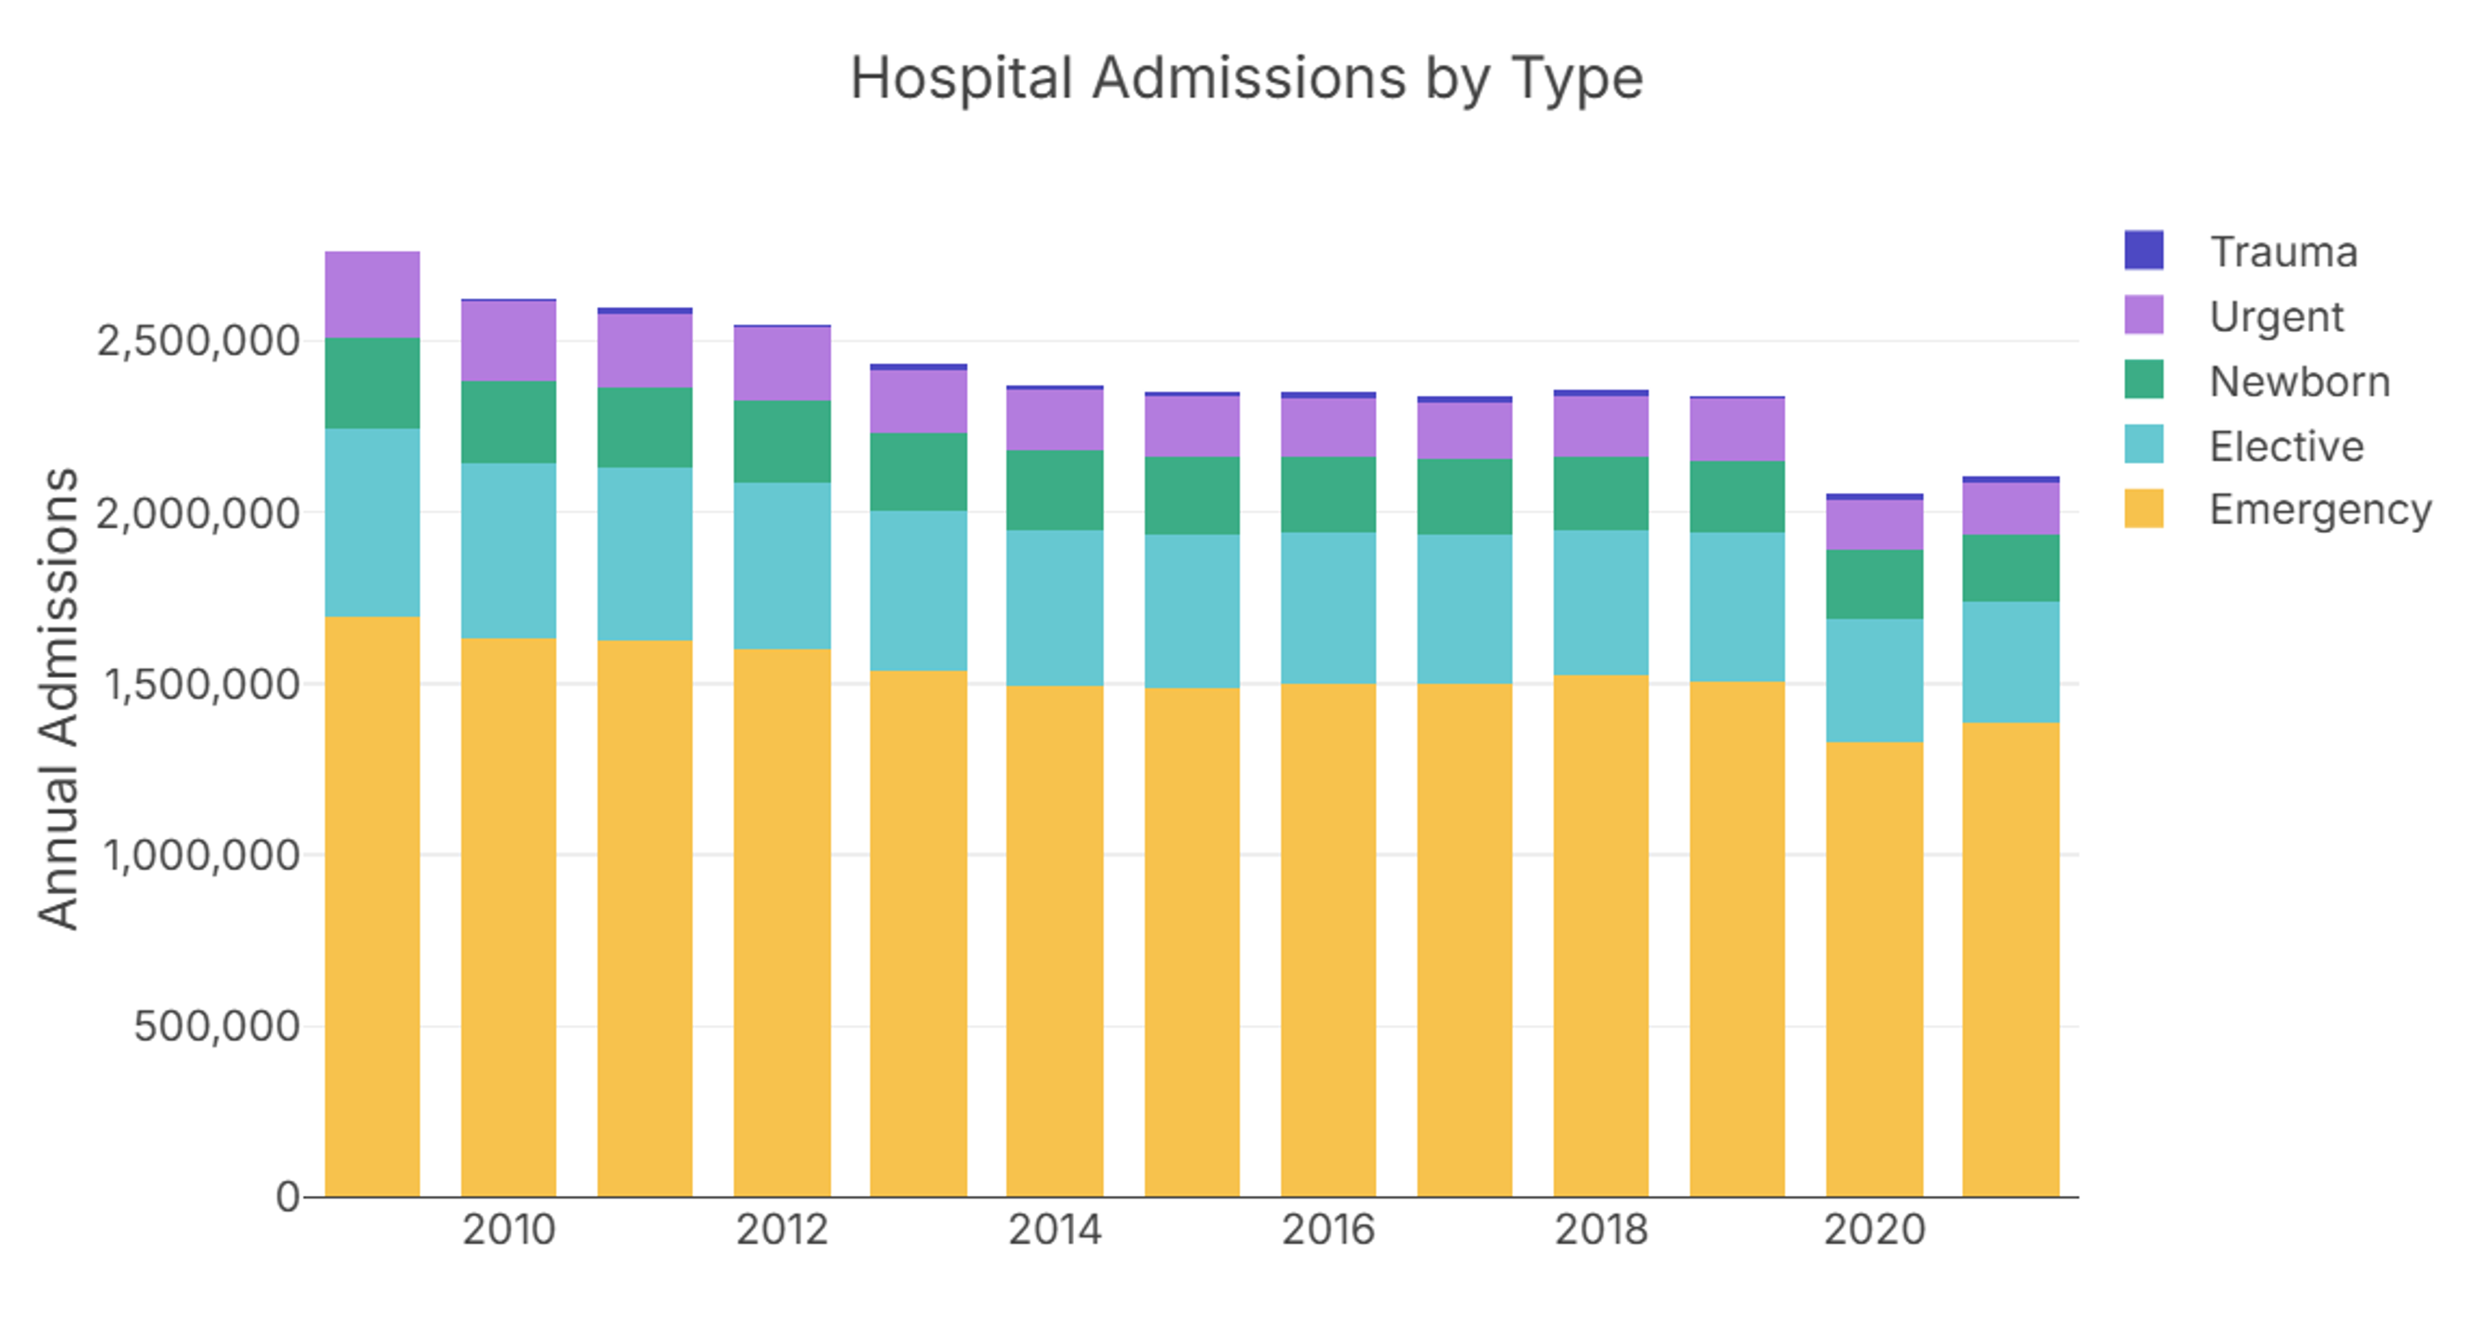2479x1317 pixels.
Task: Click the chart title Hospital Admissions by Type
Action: click(x=1247, y=78)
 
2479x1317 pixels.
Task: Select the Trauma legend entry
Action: click(x=2282, y=252)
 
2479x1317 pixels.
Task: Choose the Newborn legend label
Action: click(x=2299, y=382)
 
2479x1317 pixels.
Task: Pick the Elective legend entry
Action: click(x=2286, y=446)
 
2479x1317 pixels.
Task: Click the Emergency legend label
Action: click(x=2320, y=510)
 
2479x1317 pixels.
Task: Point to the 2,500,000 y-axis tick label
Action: click(x=198, y=342)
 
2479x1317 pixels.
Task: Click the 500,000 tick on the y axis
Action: click(x=217, y=1027)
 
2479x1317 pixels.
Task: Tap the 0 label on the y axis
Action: click(x=288, y=1198)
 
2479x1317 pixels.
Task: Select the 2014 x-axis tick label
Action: click(x=1054, y=1230)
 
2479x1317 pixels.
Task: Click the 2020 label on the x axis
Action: click(x=1873, y=1230)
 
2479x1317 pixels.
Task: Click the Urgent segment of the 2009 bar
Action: click(x=373, y=295)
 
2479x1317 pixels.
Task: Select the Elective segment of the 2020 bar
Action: click(x=1873, y=680)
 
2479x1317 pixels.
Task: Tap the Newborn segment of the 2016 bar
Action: click(x=1328, y=495)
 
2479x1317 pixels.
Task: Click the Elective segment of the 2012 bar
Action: click(x=782, y=566)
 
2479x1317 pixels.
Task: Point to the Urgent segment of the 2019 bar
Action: click(x=1737, y=430)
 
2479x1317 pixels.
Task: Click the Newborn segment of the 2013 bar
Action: click(x=918, y=472)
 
